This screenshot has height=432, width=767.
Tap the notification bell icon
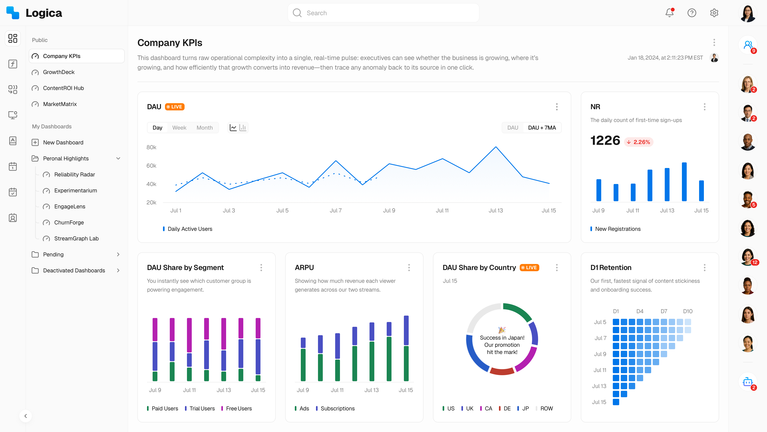click(x=669, y=13)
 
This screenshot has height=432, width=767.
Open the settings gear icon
click(x=714, y=13)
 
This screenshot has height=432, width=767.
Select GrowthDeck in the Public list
click(x=59, y=72)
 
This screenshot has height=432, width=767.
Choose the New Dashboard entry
click(x=63, y=143)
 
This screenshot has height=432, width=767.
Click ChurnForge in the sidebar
click(x=69, y=222)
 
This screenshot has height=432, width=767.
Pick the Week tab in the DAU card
click(x=179, y=128)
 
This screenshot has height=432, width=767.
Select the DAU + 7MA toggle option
click(x=542, y=128)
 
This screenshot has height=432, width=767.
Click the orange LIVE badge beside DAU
click(x=175, y=107)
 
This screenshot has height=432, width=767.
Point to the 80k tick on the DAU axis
click(x=151, y=147)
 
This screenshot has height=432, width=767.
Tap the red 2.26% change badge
click(x=639, y=142)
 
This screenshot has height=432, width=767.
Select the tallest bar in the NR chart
click(x=684, y=182)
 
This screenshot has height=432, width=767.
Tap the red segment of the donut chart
click(x=502, y=371)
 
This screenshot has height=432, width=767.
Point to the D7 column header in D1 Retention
click(x=664, y=311)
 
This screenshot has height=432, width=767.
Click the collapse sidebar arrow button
click(x=26, y=416)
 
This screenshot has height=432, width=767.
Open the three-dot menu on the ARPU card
click(x=409, y=267)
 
